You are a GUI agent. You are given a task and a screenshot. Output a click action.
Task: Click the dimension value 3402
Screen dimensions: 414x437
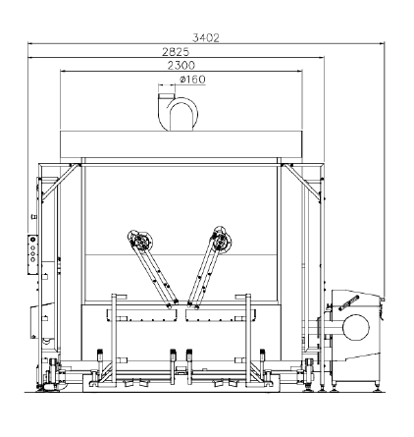pyautogui.click(x=206, y=38)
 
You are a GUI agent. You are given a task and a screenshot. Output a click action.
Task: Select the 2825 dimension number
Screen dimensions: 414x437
pyautogui.click(x=176, y=52)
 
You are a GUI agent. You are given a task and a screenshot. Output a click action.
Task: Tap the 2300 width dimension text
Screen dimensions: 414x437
pyautogui.click(x=181, y=66)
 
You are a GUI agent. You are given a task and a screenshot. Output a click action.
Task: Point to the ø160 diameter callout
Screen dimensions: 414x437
pyautogui.click(x=192, y=80)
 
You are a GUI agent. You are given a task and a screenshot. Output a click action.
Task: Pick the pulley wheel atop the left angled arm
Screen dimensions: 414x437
pyautogui.click(x=140, y=241)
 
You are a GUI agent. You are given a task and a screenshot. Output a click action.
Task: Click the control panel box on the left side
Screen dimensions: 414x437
pyautogui.click(x=32, y=254)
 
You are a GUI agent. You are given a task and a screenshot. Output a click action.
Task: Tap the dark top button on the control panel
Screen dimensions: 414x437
pyautogui.click(x=32, y=240)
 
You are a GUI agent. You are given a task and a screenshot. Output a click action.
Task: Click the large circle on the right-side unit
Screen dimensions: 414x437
pyautogui.click(x=356, y=327)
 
